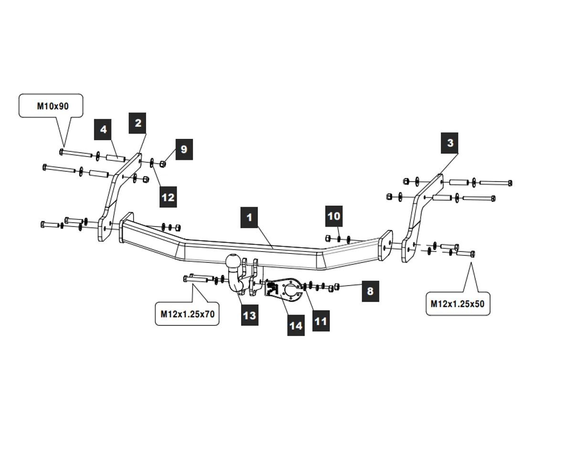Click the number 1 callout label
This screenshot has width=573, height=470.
tap(249, 218)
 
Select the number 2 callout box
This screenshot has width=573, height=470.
tap(138, 123)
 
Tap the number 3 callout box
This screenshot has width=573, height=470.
tap(449, 143)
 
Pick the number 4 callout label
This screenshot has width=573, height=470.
tap(103, 129)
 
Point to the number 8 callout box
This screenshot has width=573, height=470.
tap(370, 291)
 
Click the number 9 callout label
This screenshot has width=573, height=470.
tap(184, 149)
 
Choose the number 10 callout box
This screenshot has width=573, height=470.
tap(334, 216)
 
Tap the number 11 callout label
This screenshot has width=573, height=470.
tap(321, 321)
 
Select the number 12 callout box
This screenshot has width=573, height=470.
tap(168, 197)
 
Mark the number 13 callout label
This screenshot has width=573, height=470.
tap(249, 315)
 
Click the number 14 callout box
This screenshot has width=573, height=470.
tap(296, 325)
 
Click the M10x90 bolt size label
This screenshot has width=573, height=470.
tap(51, 106)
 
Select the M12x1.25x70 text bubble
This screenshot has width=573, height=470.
tap(187, 314)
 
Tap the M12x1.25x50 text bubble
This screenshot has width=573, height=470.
tap(458, 303)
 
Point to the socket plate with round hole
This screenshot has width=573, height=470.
tap(288, 289)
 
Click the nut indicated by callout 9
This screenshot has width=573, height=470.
tap(163, 164)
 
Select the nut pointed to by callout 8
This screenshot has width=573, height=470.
tap(336, 286)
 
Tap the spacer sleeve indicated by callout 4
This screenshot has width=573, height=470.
tap(116, 158)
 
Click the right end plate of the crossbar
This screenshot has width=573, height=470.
tap(386, 245)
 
